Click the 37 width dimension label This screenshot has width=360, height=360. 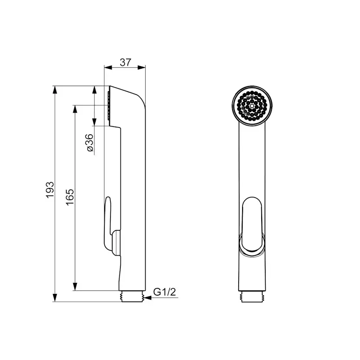[125, 62]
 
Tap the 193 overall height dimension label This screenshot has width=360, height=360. [50, 190]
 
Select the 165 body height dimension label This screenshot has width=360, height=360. [70, 197]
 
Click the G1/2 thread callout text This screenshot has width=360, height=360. [164, 292]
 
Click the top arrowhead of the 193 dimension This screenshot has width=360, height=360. [55, 90]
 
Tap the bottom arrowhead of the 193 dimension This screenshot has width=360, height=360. [55, 298]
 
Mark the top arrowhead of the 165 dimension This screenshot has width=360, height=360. [75, 109]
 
